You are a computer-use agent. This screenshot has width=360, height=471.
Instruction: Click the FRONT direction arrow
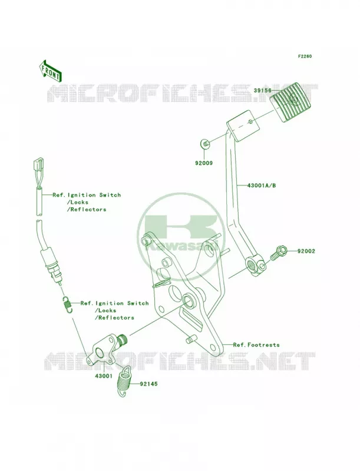click(50, 71)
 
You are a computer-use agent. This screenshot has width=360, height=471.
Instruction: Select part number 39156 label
click(262, 91)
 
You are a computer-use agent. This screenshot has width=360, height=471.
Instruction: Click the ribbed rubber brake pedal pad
click(287, 102)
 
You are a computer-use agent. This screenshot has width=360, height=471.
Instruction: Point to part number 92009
click(204, 163)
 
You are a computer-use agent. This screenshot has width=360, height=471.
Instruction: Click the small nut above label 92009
click(205, 144)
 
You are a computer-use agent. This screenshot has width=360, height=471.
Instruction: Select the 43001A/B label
click(262, 185)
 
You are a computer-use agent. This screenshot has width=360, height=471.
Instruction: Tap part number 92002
click(306, 251)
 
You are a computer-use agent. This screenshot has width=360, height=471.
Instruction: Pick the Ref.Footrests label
click(256, 345)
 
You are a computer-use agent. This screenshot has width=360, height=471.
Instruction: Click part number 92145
click(148, 384)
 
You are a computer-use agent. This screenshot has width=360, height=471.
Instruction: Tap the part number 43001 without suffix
click(104, 376)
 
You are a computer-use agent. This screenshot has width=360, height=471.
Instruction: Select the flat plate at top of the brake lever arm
click(243, 125)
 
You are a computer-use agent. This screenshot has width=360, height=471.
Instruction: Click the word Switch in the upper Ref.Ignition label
click(110, 195)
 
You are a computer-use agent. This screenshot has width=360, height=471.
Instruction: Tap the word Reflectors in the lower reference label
click(114, 317)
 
